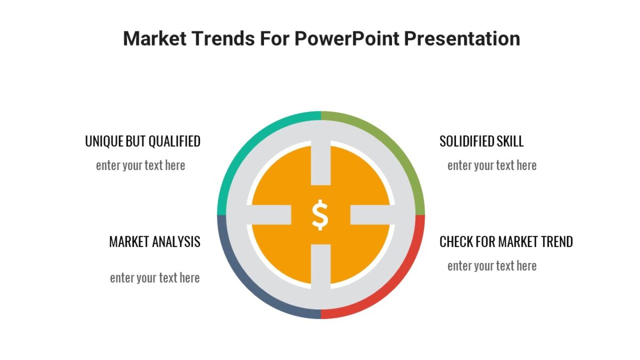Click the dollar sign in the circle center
click(320, 214)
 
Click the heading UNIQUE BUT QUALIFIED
click(142, 141)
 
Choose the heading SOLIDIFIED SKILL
click(481, 141)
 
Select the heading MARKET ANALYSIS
click(155, 242)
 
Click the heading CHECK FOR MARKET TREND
click(506, 242)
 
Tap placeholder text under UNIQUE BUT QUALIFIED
click(140, 165)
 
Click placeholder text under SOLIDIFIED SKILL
click(492, 165)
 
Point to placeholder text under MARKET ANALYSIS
click(155, 278)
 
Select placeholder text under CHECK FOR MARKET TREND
click(492, 266)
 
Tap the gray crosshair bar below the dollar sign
click(321, 267)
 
